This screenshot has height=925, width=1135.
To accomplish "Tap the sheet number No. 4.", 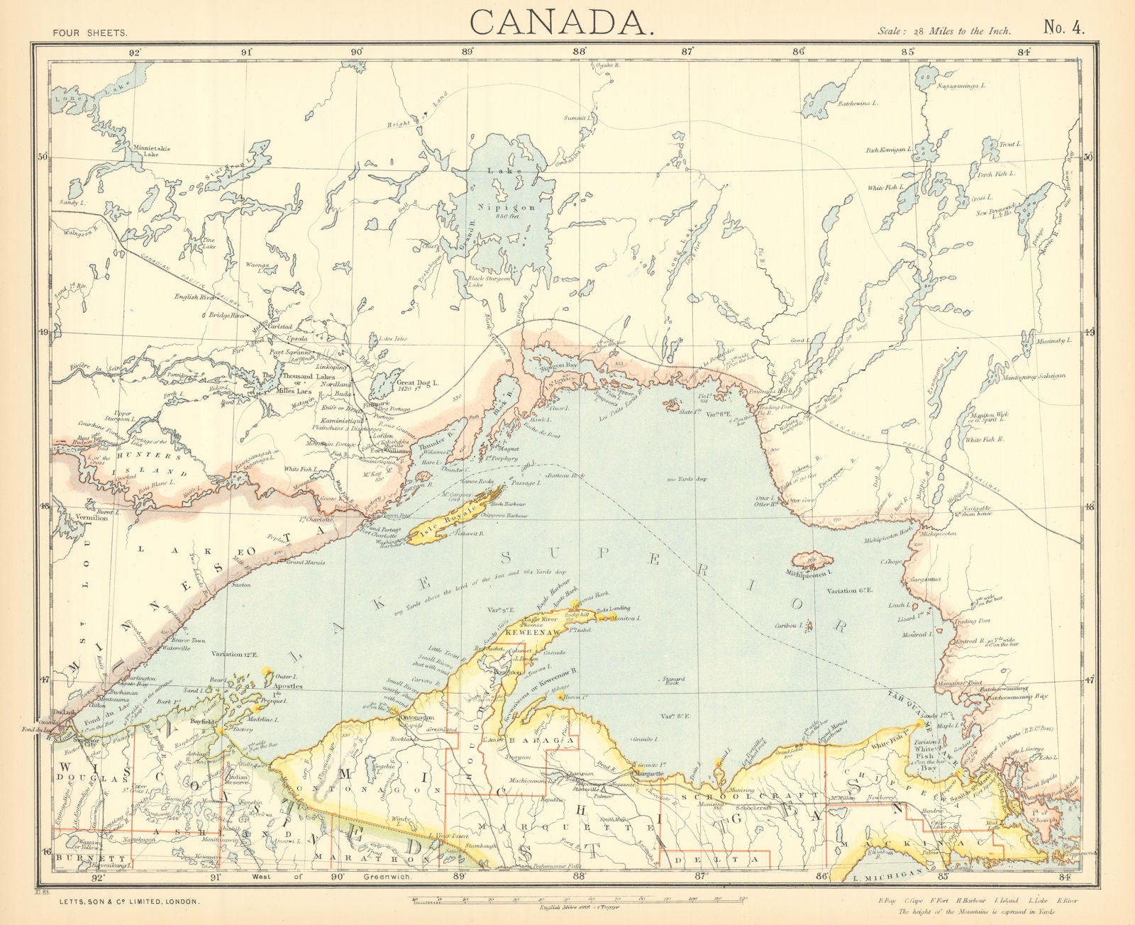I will point(1063,27).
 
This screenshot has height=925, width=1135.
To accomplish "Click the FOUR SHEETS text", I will point(90,33).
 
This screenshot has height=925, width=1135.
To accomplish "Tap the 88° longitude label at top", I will point(580,51).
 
